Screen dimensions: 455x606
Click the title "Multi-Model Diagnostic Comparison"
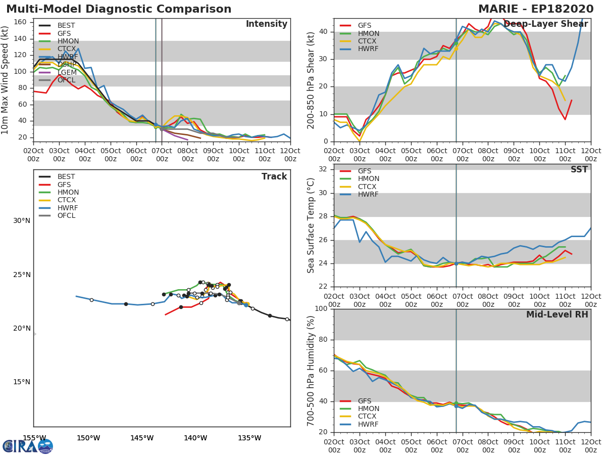pyautogui.click(x=119, y=9)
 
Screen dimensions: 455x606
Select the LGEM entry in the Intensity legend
pyautogui.click(x=67, y=72)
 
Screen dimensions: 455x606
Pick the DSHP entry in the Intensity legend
pyautogui.click(x=67, y=65)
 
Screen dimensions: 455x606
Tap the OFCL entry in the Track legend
pyautogui.click(x=66, y=216)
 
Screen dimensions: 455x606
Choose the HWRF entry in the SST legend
pyautogui.click(x=368, y=195)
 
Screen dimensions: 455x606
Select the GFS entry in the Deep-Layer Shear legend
pyautogui.click(x=365, y=26)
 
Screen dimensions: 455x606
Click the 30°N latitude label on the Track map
pyautogui.click(x=22, y=221)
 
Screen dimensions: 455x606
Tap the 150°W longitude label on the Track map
pyautogui.click(x=88, y=438)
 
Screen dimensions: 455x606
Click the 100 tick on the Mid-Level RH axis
pyautogui.click(x=322, y=309)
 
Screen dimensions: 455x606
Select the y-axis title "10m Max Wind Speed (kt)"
pyautogui.click(x=6, y=80)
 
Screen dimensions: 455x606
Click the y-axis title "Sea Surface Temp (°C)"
pyautogui.click(x=312, y=225)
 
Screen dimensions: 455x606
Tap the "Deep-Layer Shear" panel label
pyautogui.click(x=545, y=24)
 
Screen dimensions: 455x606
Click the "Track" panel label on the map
pyautogui.click(x=274, y=176)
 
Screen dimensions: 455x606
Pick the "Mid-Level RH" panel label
pyautogui.click(x=557, y=314)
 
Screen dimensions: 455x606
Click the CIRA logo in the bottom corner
pyautogui.click(x=28, y=446)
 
